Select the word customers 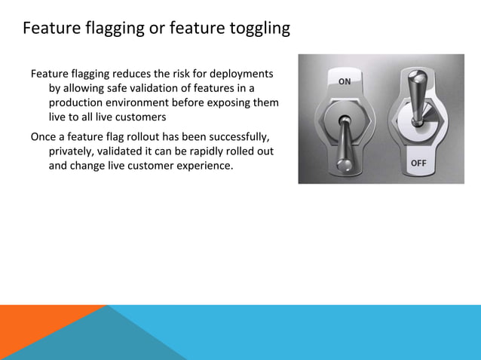pos(139,117)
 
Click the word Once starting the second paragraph pos(44,136)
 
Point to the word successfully pos(233,136)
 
